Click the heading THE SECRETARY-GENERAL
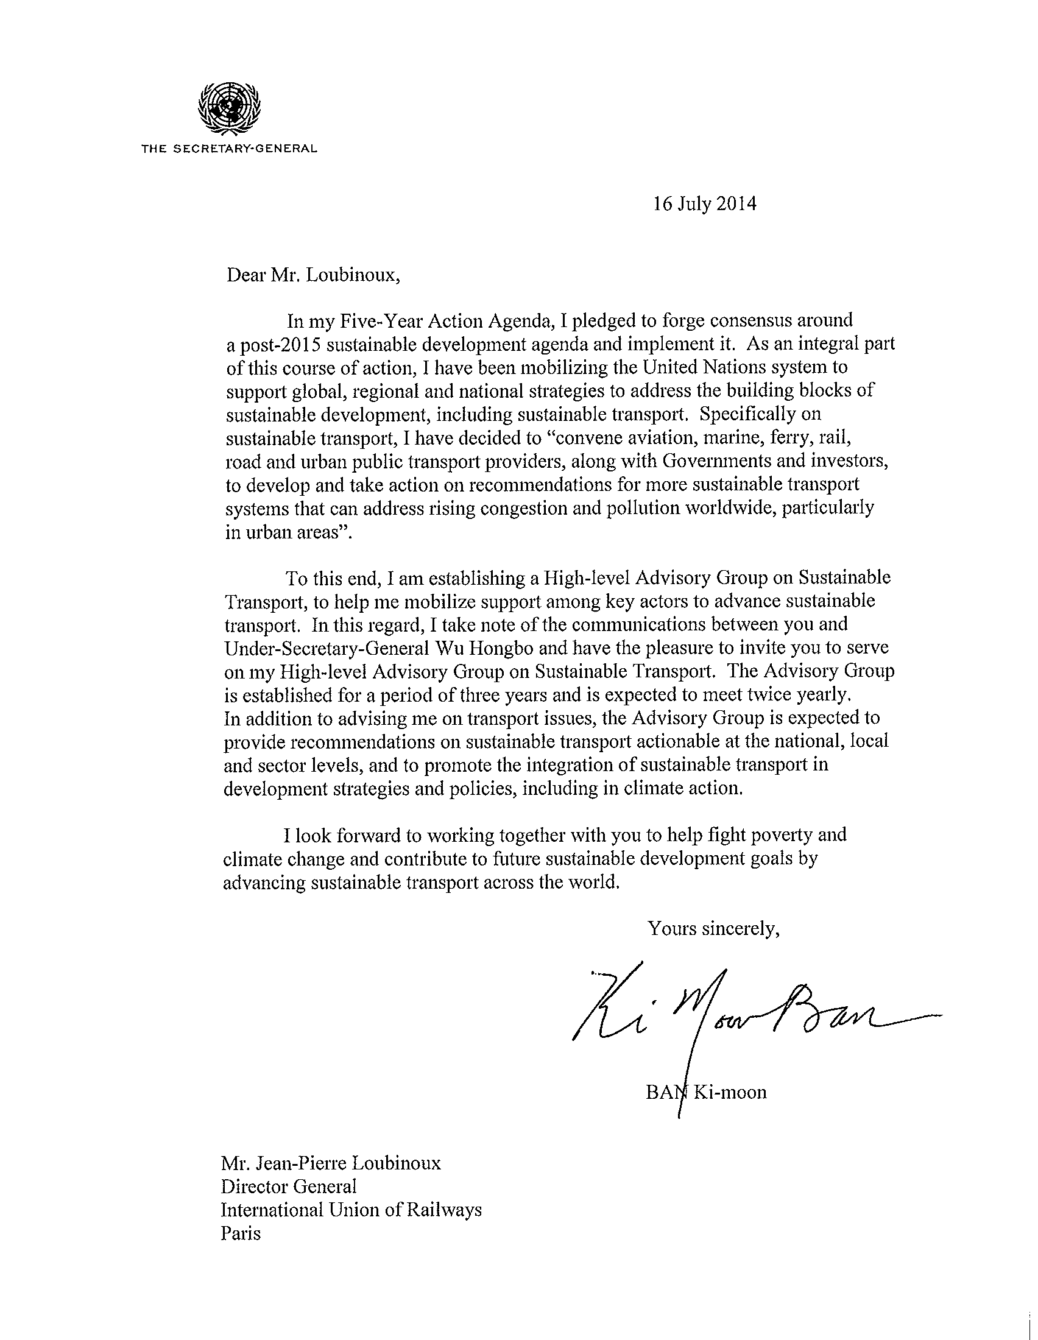click(x=229, y=149)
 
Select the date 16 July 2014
click(x=704, y=203)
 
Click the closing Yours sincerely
click(x=713, y=929)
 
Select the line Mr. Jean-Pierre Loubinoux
click(x=331, y=1163)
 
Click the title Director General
click(x=288, y=1187)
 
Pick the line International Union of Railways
click(x=351, y=1210)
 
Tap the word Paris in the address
click(x=241, y=1233)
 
